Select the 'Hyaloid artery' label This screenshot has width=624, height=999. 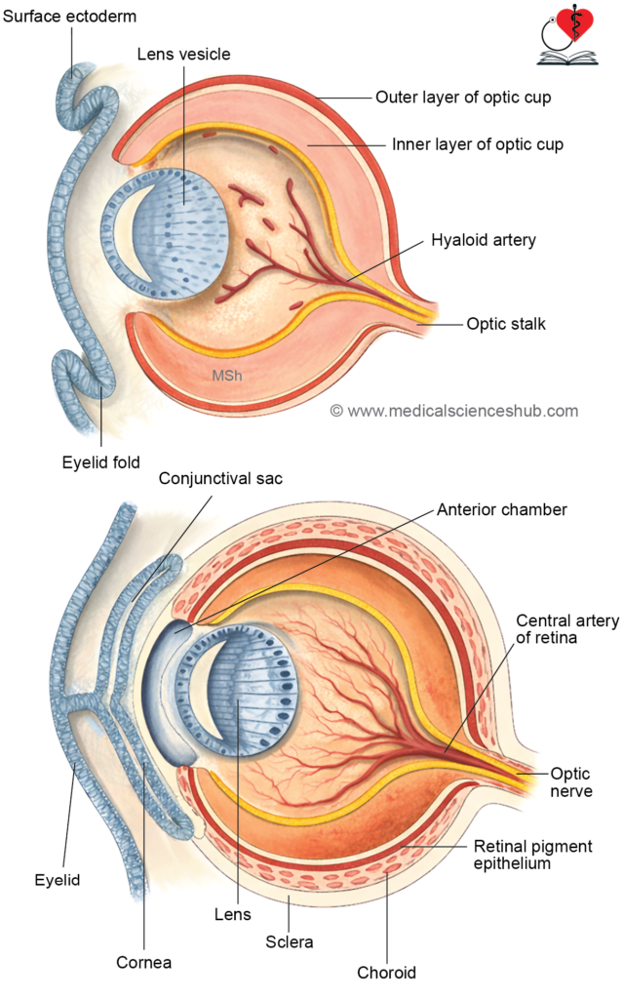pyautogui.click(x=484, y=239)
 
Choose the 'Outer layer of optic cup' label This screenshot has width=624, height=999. pyautogui.click(x=462, y=97)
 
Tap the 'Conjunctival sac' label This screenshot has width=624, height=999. pyautogui.click(x=220, y=479)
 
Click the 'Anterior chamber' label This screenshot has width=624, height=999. pyautogui.click(x=501, y=509)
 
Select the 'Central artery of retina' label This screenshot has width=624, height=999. pyautogui.click(x=553, y=629)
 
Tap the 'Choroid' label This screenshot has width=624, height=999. pyautogui.click(x=387, y=972)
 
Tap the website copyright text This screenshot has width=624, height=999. pyautogui.click(x=453, y=411)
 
